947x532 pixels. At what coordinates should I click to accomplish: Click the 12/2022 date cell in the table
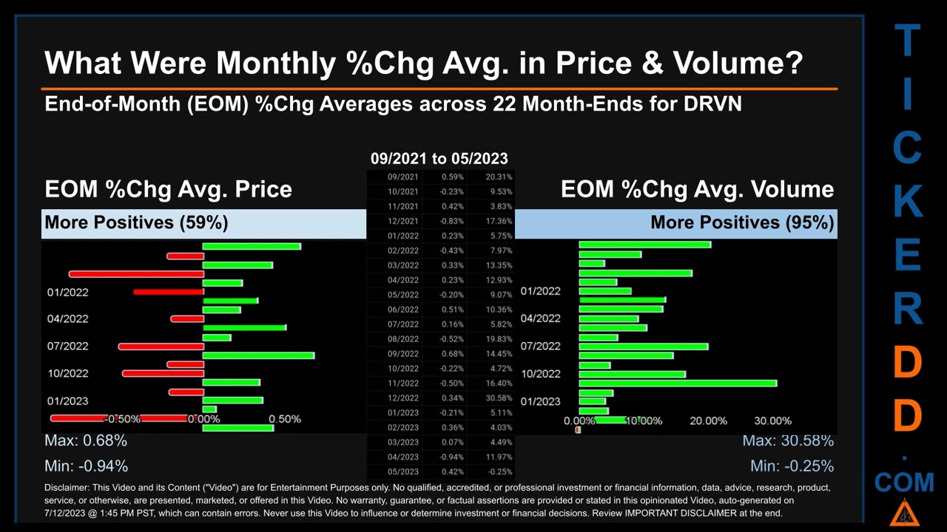click(x=403, y=398)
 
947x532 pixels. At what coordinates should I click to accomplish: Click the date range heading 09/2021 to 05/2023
click(x=439, y=158)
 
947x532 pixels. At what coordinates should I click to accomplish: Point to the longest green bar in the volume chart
click(x=678, y=383)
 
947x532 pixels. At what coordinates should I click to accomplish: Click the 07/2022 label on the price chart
click(x=67, y=346)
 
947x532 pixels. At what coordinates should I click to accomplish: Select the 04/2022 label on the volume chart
click(x=540, y=318)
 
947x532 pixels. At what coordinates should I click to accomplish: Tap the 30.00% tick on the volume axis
click(x=772, y=420)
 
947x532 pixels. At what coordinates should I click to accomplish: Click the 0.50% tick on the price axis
click(x=284, y=419)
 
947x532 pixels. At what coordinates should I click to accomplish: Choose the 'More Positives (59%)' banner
click(x=136, y=222)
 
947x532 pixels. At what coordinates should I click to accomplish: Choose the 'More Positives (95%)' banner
click(x=742, y=222)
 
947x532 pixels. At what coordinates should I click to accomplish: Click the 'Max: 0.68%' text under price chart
click(x=86, y=440)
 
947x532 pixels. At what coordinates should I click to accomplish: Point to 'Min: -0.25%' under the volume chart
click(x=792, y=466)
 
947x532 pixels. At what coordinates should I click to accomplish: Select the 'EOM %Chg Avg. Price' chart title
click(x=168, y=189)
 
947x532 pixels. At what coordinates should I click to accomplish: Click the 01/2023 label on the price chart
click(x=67, y=400)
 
